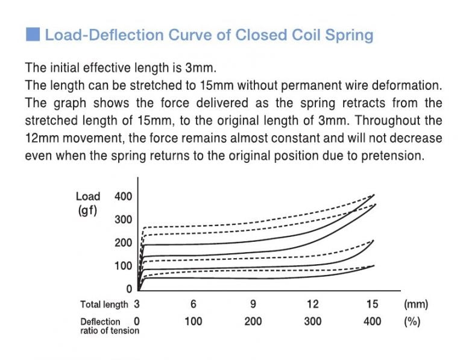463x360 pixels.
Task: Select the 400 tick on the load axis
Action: pyautogui.click(x=122, y=196)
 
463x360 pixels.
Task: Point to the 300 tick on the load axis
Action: pyautogui.click(x=122, y=219)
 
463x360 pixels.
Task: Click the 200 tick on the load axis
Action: pyautogui.click(x=122, y=242)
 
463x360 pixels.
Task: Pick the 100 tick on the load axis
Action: pyautogui.click(x=122, y=266)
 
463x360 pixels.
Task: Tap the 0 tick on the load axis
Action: pyautogui.click(x=128, y=289)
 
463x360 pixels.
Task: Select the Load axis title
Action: pyautogui.click(x=88, y=196)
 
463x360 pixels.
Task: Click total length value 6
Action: pyautogui.click(x=193, y=305)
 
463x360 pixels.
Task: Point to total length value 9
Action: pyautogui.click(x=253, y=305)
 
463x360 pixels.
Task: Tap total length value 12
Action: pyautogui.click(x=312, y=305)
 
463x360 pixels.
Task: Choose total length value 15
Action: pyautogui.click(x=372, y=305)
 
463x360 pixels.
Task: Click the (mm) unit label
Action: pyautogui.click(x=415, y=305)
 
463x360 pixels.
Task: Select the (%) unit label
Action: pyautogui.click(x=412, y=321)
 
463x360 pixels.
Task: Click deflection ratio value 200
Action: pyautogui.click(x=253, y=321)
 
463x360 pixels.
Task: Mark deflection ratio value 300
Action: pyautogui.click(x=312, y=321)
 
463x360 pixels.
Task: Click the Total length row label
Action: pyautogui.click(x=104, y=305)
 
